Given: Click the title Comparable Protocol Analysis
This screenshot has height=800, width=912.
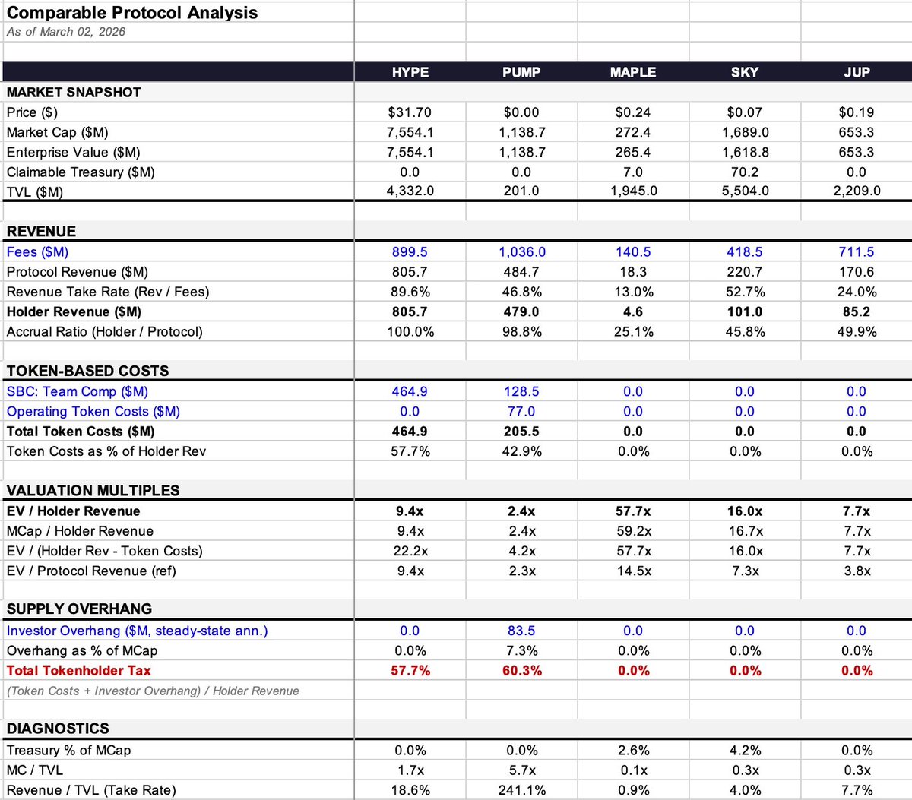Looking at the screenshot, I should tap(132, 13).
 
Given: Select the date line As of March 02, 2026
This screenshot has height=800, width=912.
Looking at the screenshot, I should tap(66, 32).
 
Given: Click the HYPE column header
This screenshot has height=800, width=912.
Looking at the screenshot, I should tap(410, 72).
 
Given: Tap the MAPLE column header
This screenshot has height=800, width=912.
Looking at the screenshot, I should tap(633, 72).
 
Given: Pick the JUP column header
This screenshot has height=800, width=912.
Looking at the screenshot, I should tap(857, 72).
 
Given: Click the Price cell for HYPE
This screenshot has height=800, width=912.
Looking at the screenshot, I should tap(410, 112).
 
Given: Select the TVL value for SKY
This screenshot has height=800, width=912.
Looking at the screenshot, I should tap(745, 191).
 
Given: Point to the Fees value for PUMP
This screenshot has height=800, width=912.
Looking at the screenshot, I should tap(521, 252).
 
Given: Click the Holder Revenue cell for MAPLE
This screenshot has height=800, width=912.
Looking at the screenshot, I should tap(633, 311).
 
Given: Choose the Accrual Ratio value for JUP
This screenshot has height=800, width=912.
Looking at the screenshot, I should tap(857, 332).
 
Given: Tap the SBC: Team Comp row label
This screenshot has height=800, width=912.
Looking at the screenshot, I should tap(78, 391).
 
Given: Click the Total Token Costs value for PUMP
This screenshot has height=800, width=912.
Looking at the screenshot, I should tap(521, 432).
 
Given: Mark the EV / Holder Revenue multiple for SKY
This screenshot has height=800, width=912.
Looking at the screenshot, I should tap(745, 511).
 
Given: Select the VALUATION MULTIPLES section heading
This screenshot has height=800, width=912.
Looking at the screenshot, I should tap(93, 491).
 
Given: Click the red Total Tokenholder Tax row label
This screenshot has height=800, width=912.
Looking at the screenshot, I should tap(79, 671).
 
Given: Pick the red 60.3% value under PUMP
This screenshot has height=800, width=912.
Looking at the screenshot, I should tap(521, 671).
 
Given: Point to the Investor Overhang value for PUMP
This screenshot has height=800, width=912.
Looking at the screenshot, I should tap(521, 631).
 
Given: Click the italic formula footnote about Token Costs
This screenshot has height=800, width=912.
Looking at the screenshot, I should tap(153, 691).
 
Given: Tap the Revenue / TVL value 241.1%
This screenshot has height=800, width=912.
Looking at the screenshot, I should tap(521, 790).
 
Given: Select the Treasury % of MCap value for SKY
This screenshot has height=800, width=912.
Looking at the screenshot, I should tap(745, 751).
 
